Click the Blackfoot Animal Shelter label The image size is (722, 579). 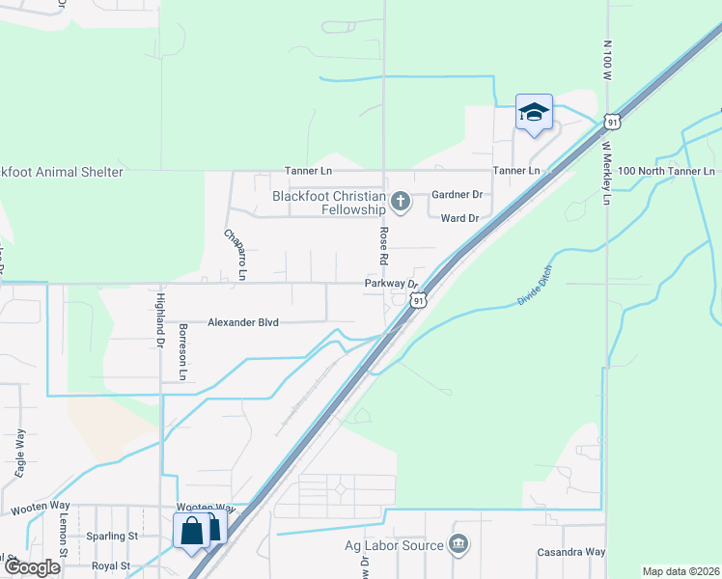click(62, 172)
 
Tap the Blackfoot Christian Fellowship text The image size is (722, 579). click(328, 203)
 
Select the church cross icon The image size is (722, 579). click(401, 202)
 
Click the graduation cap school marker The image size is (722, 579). click(533, 113)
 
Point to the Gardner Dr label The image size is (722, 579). click(456, 195)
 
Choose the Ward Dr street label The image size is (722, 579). click(459, 219)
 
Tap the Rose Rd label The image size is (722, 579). click(383, 247)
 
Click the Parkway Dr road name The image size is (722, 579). click(390, 284)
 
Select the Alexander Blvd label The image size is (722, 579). click(242, 322)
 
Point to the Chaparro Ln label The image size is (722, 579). click(236, 254)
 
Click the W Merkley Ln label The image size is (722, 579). click(607, 174)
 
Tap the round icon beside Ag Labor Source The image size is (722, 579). click(458, 545)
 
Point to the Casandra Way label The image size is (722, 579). click(570, 552)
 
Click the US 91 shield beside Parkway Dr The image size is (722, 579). click(417, 301)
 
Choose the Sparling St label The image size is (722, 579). click(112, 536)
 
